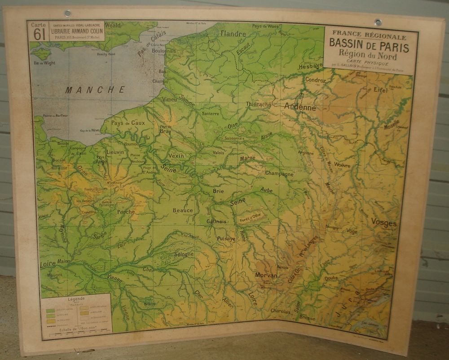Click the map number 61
point(39,34)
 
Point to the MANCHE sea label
point(95,90)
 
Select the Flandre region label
point(233,34)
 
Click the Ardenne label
point(300,107)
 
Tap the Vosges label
point(383,223)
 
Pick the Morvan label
point(266,275)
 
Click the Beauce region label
point(183,210)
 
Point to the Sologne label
point(184,255)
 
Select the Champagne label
point(279,174)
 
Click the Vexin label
point(176,156)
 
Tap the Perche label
point(126,212)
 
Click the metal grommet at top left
point(68,13)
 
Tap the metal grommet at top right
point(378,22)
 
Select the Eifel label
point(380,90)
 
